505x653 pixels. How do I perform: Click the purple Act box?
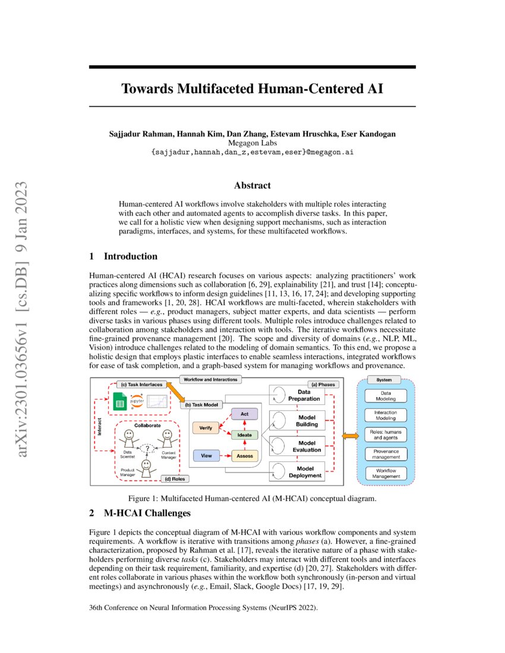click(x=244, y=413)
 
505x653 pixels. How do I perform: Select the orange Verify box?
click(x=206, y=427)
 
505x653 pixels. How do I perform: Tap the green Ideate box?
click(x=244, y=435)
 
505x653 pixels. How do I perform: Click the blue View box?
click(x=206, y=456)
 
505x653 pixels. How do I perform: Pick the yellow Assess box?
click(x=244, y=456)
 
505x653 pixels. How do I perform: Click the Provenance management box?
click(x=387, y=454)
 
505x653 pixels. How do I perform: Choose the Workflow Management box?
click(x=387, y=473)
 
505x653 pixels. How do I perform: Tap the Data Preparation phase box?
click(x=304, y=395)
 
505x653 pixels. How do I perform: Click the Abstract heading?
click(x=252, y=186)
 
